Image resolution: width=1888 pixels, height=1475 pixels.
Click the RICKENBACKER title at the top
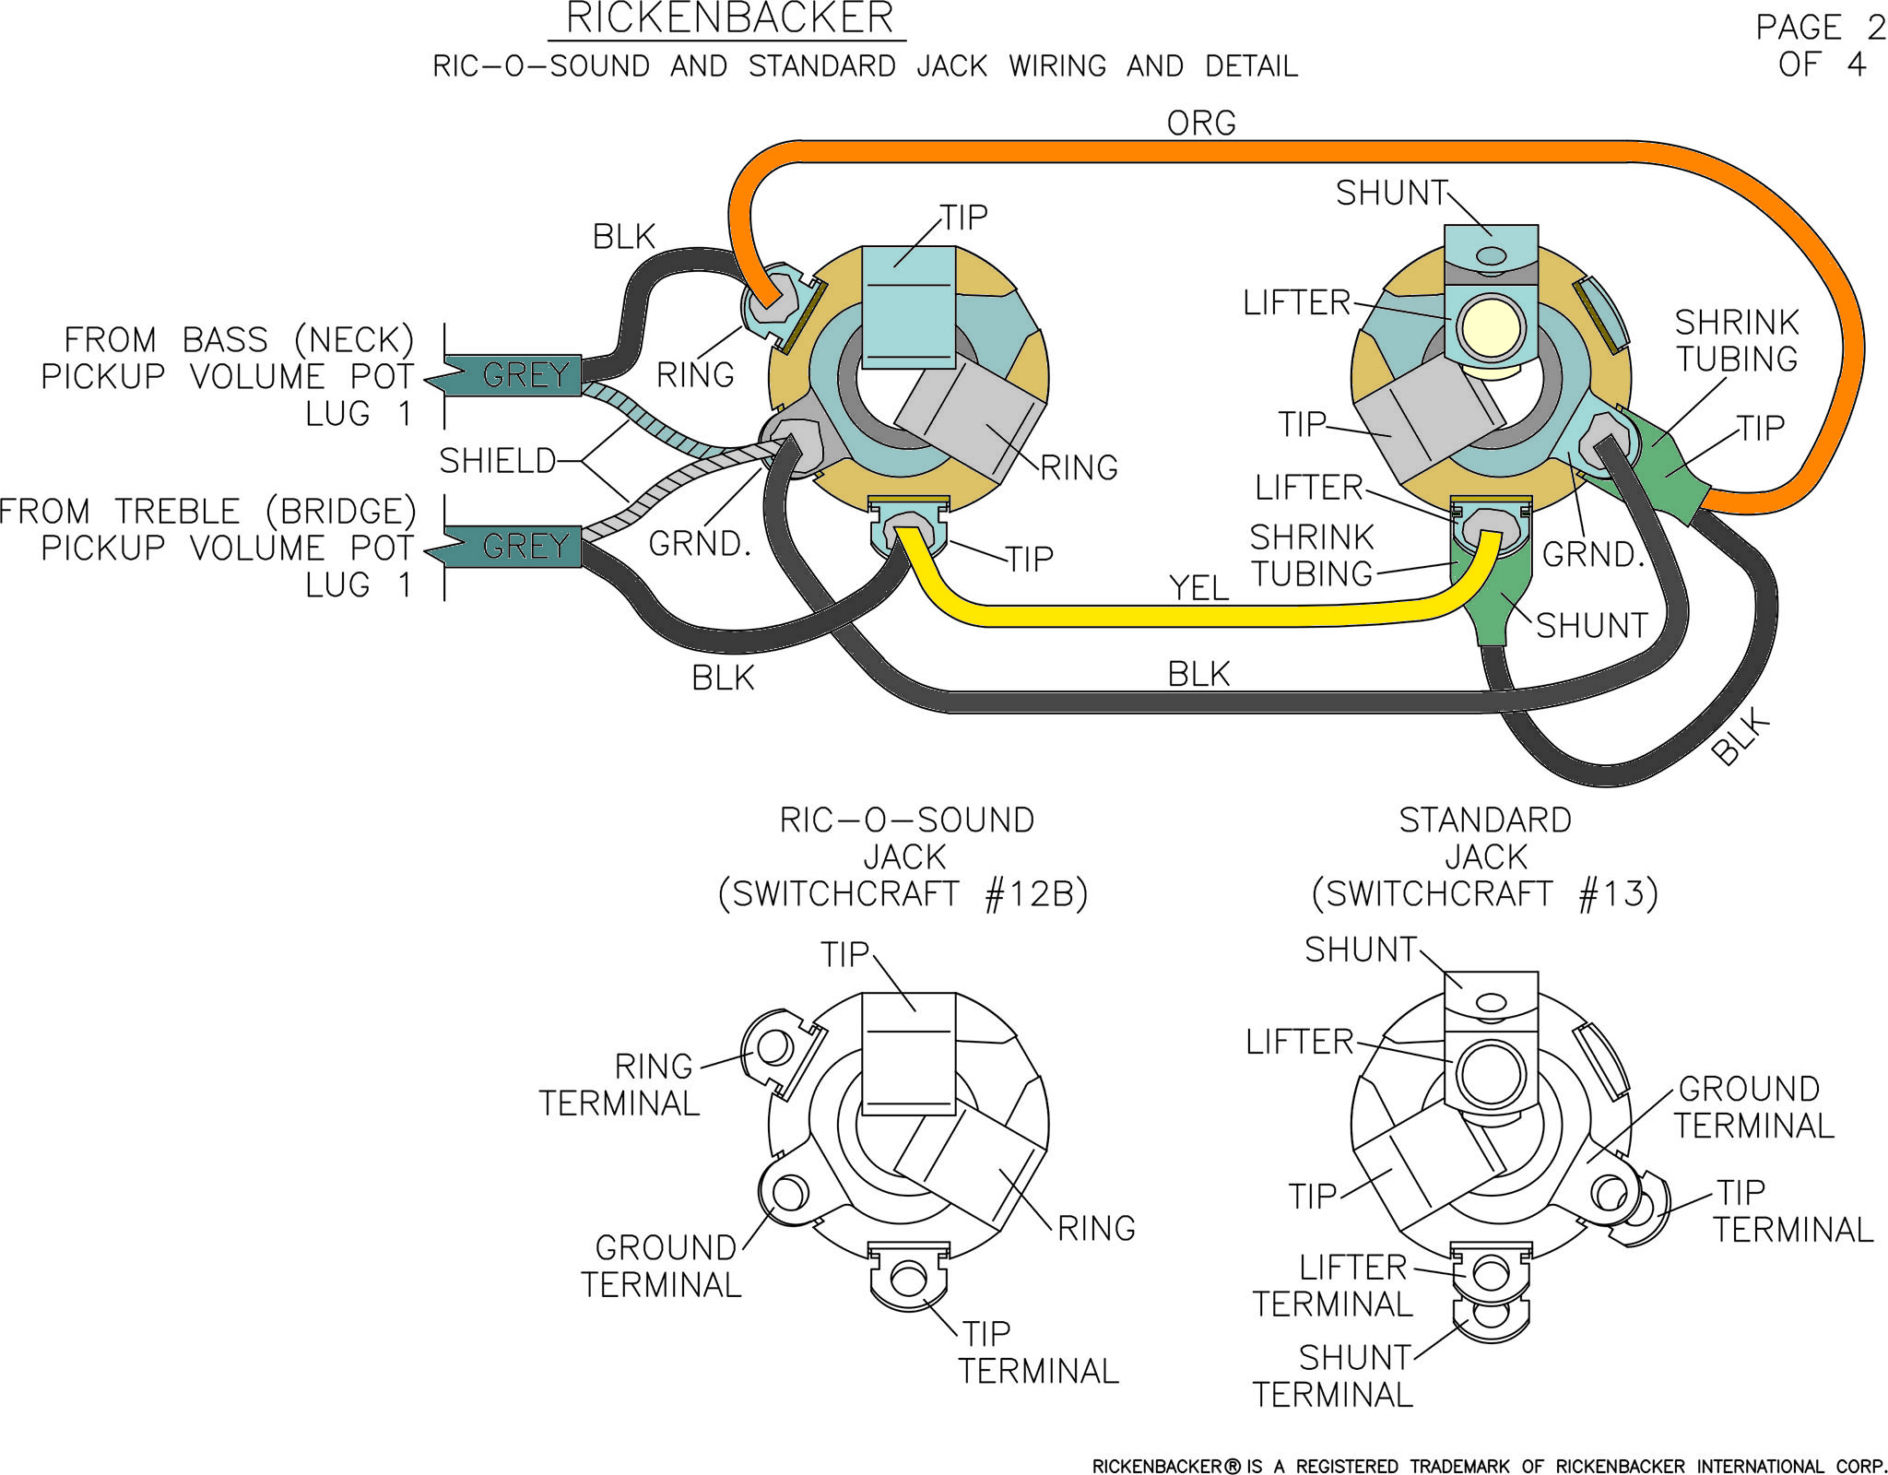click(729, 18)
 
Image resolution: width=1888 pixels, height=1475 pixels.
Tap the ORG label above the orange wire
click(1201, 123)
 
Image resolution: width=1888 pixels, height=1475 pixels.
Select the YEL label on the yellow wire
click(1198, 587)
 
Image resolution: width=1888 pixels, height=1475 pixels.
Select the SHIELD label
click(498, 461)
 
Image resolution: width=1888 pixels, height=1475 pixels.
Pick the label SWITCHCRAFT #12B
click(903, 894)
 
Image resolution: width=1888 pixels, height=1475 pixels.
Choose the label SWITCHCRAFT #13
click(1485, 894)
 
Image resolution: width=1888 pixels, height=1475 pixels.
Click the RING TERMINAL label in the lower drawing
click(619, 1085)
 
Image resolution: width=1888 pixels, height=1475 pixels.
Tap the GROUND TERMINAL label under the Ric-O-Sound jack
click(661, 1266)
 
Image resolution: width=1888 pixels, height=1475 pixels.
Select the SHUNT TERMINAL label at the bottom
click(1333, 1376)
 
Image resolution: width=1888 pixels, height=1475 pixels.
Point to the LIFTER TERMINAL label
click(1333, 1286)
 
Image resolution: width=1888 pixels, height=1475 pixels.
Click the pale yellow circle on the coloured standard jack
click(1491, 327)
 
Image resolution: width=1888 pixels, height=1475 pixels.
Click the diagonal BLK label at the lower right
click(1740, 737)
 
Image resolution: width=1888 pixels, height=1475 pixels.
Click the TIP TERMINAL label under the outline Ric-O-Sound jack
click(1038, 1352)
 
